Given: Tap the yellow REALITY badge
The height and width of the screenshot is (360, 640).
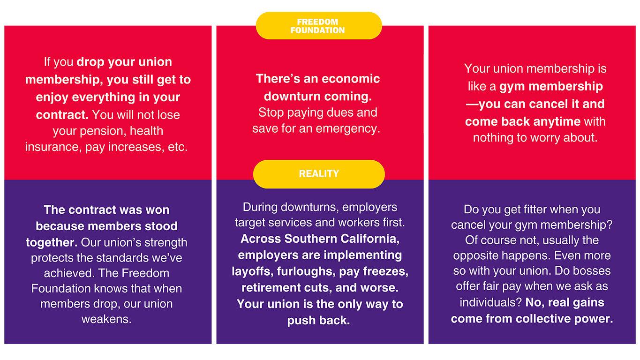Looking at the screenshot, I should (319, 174).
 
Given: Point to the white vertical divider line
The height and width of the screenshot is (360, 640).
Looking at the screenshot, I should (425, 94).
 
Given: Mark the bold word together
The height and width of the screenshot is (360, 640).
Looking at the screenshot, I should (51, 242).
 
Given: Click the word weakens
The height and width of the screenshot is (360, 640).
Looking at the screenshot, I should (106, 319).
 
